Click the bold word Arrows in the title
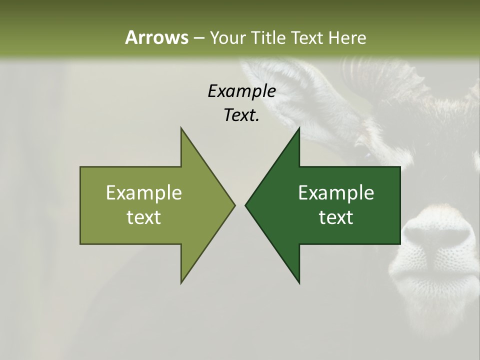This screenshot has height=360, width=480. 156,37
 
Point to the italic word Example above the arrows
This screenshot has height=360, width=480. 241,91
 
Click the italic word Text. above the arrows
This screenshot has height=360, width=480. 241,115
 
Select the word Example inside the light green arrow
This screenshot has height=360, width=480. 144,192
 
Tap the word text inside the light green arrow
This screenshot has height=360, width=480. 144,217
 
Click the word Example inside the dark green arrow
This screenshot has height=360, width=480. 336,192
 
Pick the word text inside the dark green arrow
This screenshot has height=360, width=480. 336,217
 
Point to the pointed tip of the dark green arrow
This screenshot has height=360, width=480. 246,205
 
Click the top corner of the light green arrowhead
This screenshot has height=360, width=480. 181,128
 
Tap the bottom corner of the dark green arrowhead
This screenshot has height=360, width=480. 299,282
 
